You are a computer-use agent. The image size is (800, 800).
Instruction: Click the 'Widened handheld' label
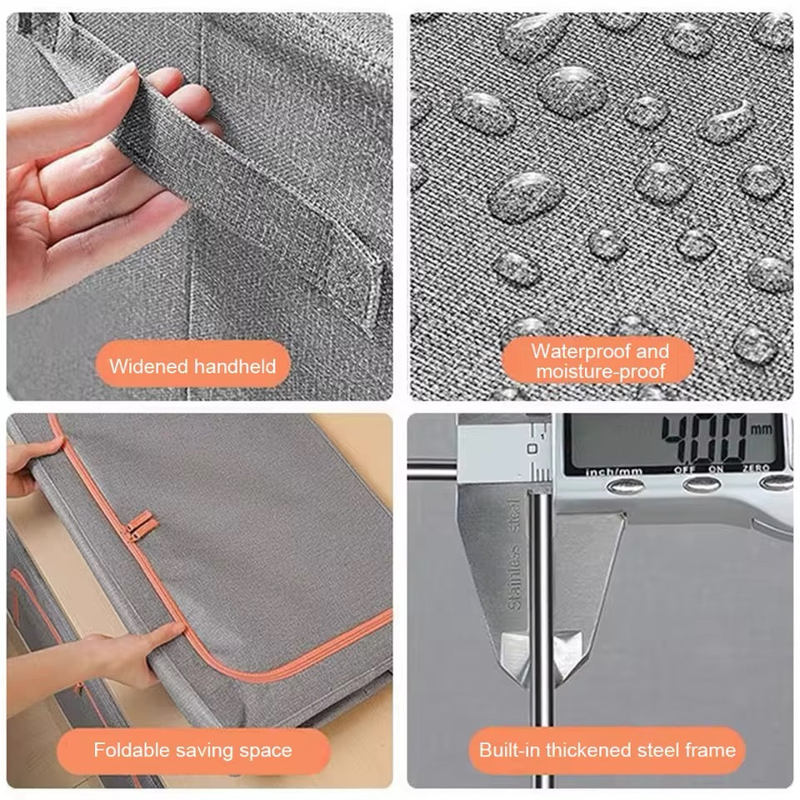click(x=192, y=367)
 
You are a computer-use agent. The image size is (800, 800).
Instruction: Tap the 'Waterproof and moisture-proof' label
click(x=600, y=361)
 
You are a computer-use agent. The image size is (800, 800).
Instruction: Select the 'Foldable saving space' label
click(x=192, y=750)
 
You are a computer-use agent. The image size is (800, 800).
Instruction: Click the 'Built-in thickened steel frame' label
click(x=607, y=750)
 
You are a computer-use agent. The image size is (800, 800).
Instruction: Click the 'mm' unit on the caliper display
click(x=761, y=429)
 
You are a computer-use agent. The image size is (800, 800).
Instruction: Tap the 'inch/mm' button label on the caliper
click(x=614, y=472)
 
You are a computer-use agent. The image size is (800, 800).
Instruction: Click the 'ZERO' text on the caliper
click(x=756, y=467)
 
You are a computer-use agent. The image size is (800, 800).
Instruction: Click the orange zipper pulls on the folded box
click(x=139, y=526)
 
